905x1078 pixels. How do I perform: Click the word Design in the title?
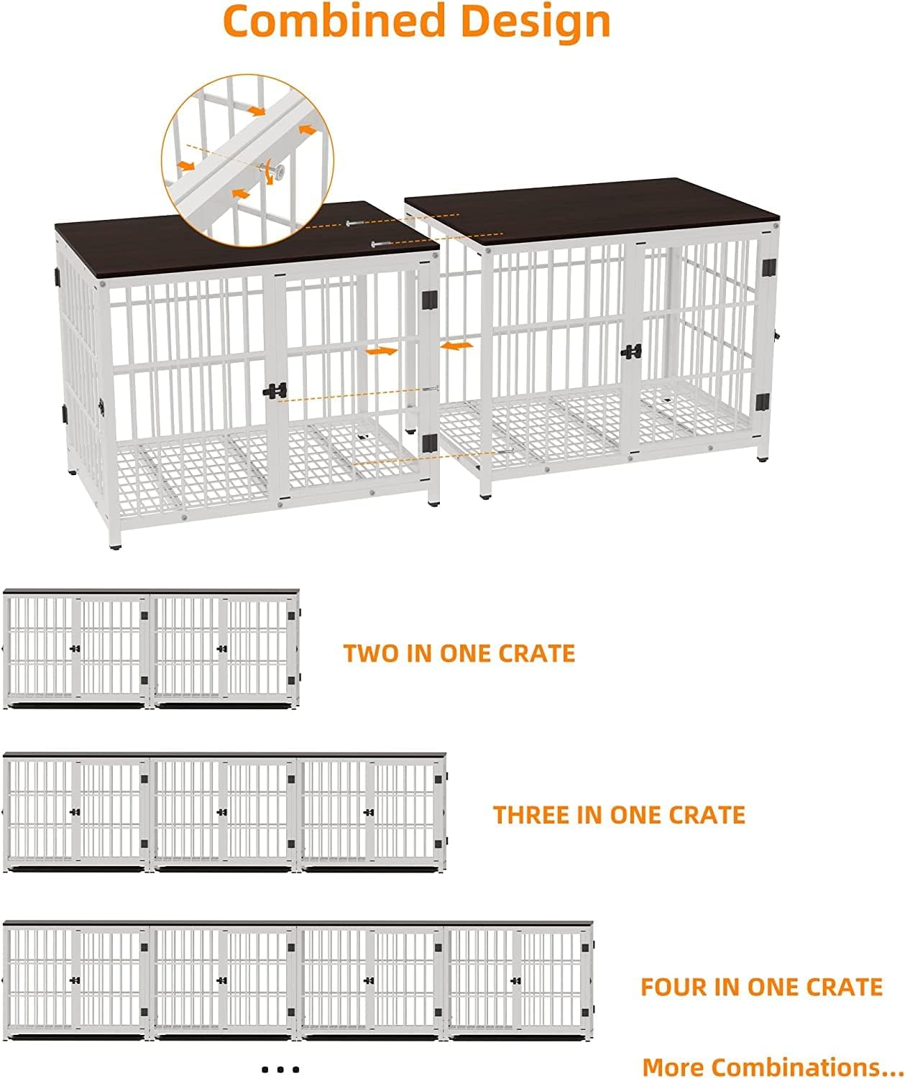coord(536,22)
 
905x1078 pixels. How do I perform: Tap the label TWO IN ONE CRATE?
coord(459,653)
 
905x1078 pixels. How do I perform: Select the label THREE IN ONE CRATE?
coord(619,815)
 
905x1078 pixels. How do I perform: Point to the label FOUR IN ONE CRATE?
coord(761,987)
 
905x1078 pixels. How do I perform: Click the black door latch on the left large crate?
coord(275,391)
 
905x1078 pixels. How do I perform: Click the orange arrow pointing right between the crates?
coord(382,352)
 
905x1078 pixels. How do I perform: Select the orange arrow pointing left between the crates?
coord(456,346)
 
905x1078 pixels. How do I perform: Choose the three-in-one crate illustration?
coord(225,812)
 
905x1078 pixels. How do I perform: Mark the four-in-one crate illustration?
coord(298,980)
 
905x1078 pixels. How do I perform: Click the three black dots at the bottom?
coord(280,1069)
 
